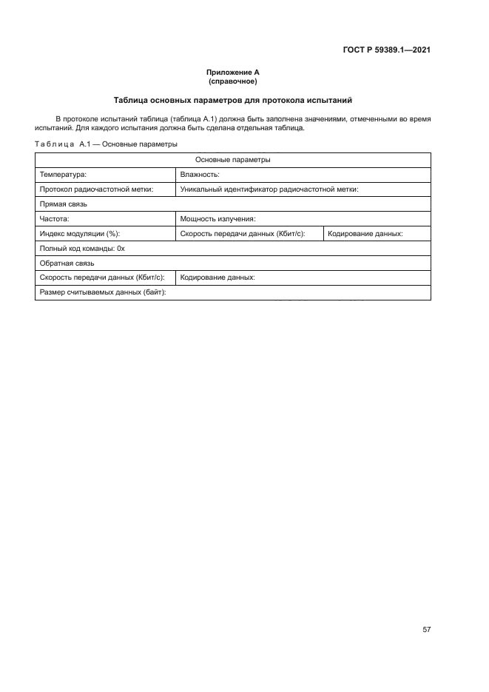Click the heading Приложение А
pyautogui.click(x=232, y=72)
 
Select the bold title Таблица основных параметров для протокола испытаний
pyautogui.click(x=232, y=99)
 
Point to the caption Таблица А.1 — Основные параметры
pyautogui.click(x=106, y=144)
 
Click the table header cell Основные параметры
pyautogui.click(x=232, y=160)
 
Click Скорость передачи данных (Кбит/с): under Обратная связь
pyautogui.click(x=104, y=278)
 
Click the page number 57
pyautogui.click(x=427, y=630)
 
